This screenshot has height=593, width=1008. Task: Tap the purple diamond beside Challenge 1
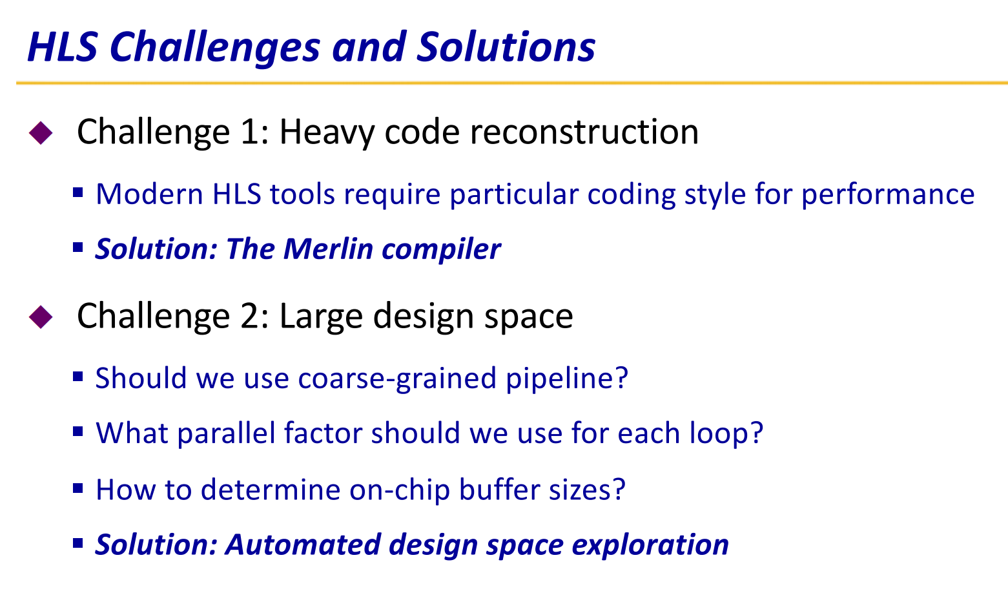pos(41,133)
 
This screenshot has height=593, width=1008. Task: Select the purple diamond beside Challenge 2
pos(41,317)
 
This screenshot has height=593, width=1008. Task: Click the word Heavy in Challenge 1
pos(327,133)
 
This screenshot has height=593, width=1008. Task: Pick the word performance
pos(888,195)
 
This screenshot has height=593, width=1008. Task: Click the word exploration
pos(650,545)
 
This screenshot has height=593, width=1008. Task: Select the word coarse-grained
pos(397,379)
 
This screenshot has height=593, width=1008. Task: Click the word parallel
pos(227,433)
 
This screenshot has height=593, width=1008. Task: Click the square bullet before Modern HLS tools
pos(78,192)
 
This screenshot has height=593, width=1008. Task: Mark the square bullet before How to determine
pos(78,488)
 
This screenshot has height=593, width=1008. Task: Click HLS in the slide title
pos(63,47)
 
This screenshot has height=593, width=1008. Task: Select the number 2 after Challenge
pos(250,316)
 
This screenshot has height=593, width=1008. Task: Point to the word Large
pos(321,317)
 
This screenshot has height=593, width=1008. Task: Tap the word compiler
pos(441,249)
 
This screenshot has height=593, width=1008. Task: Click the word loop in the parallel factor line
pos(721,434)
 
